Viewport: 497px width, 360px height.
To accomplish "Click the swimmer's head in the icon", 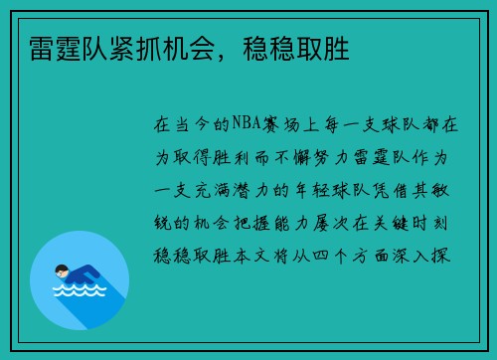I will pyautogui.click(x=63, y=270).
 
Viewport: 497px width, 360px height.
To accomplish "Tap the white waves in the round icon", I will pyautogui.click(x=79, y=292).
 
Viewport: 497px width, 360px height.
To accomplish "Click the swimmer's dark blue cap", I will pyautogui.click(x=60, y=268).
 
